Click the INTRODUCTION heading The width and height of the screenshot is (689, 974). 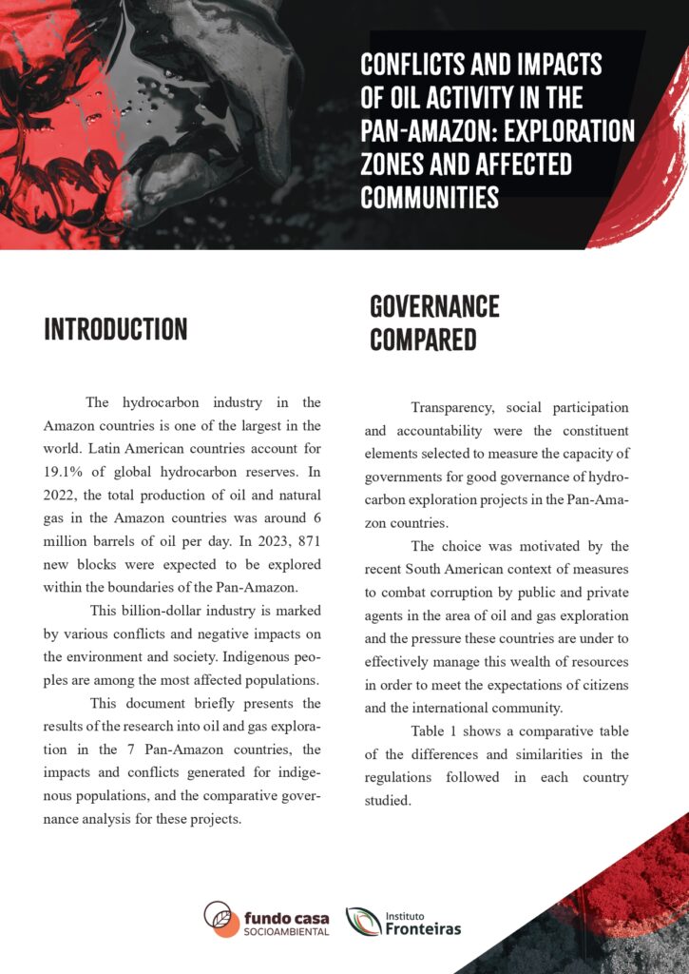click(x=116, y=329)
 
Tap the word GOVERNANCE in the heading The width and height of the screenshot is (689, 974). click(x=434, y=306)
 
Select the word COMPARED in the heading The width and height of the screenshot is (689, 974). click(x=423, y=340)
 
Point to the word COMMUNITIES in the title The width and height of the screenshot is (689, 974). click(x=430, y=197)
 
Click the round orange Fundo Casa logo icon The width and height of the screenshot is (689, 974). click(x=221, y=920)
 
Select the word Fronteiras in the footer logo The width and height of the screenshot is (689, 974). click(x=423, y=928)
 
